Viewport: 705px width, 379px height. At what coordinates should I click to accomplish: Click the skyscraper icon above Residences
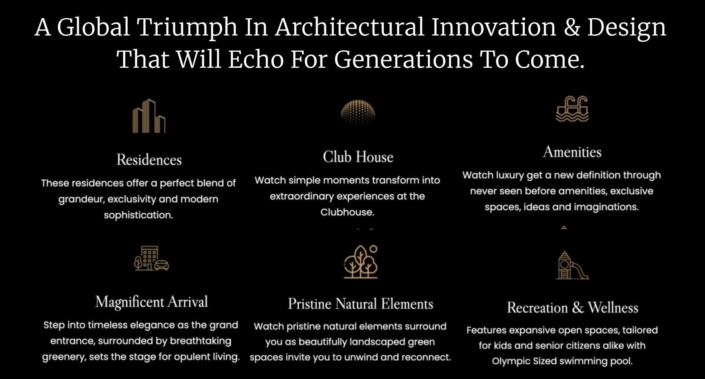pyautogui.click(x=149, y=116)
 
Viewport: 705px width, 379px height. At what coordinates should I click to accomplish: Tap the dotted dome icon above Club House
pyautogui.click(x=358, y=113)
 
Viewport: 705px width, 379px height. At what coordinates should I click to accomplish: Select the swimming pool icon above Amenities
pyautogui.click(x=572, y=109)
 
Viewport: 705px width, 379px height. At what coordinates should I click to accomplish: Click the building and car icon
pyautogui.click(x=151, y=258)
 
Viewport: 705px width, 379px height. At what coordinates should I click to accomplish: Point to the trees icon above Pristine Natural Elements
pyautogui.click(x=361, y=262)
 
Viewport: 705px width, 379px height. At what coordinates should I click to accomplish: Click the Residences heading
pyautogui.click(x=149, y=160)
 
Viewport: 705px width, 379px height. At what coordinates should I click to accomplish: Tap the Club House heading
pyautogui.click(x=358, y=157)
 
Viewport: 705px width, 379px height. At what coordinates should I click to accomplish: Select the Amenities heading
pyautogui.click(x=572, y=152)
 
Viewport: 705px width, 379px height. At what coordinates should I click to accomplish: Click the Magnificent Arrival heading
pyautogui.click(x=151, y=302)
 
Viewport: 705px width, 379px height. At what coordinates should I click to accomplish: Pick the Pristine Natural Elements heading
pyautogui.click(x=360, y=304)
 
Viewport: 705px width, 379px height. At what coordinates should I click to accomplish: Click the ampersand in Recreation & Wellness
pyautogui.click(x=578, y=308)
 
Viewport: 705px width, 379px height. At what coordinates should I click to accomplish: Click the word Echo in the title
pyautogui.click(x=256, y=59)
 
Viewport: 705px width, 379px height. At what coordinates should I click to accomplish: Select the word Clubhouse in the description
pyautogui.click(x=347, y=212)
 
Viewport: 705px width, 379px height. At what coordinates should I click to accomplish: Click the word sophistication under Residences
pyautogui.click(x=138, y=215)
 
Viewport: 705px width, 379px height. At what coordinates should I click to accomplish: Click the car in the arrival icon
pyautogui.click(x=161, y=265)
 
